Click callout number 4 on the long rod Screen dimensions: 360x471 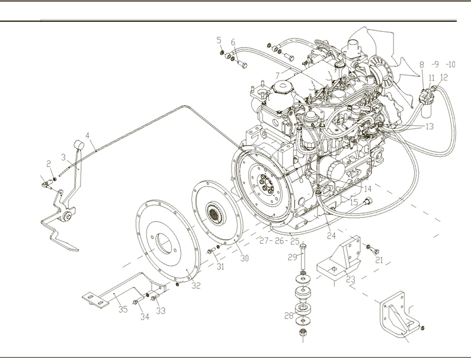click(x=88, y=136)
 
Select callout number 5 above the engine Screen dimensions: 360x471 click(x=219, y=40)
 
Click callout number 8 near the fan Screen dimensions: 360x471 click(x=422, y=65)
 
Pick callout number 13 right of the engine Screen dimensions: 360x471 click(x=430, y=126)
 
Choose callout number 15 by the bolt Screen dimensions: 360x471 click(x=354, y=202)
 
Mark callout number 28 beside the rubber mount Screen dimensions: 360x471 click(x=289, y=316)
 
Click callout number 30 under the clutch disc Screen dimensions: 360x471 click(x=243, y=258)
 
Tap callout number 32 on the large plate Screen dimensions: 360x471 click(x=196, y=285)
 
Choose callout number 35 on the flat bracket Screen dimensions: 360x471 click(x=123, y=308)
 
